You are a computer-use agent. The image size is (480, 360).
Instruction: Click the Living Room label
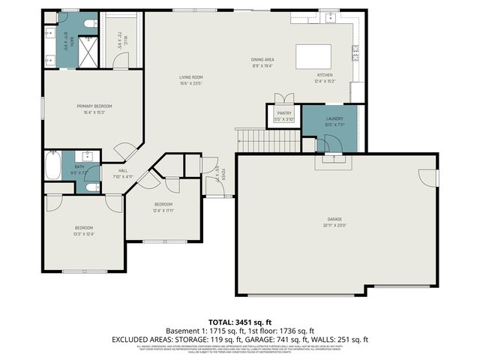click(x=191, y=77)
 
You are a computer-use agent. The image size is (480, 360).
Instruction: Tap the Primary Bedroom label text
click(x=94, y=106)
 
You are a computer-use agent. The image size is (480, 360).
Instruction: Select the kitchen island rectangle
click(x=313, y=57)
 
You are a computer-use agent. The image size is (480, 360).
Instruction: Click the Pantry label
click(x=284, y=112)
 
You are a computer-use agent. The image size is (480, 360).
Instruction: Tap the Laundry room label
click(x=334, y=118)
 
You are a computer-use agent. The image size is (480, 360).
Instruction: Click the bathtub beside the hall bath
click(x=52, y=165)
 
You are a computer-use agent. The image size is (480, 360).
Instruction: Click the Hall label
click(x=121, y=170)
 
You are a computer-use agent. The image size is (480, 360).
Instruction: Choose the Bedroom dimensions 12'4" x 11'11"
click(x=163, y=211)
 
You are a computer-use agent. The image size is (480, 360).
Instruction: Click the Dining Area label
click(x=262, y=59)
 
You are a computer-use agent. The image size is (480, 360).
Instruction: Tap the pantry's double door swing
click(x=283, y=99)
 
